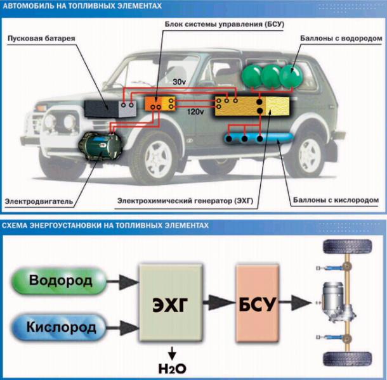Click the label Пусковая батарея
click(41, 39)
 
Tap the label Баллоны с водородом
click(341, 39)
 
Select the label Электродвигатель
click(39, 201)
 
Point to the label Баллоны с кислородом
click(336, 200)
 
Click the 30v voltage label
click(179, 82)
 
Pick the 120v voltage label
click(195, 112)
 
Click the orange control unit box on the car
click(160, 103)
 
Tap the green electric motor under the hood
click(100, 146)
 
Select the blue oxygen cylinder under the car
click(258, 138)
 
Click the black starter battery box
click(110, 109)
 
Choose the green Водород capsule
click(59, 281)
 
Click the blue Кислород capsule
click(59, 327)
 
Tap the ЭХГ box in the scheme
click(171, 303)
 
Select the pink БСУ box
click(258, 303)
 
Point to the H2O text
click(173, 369)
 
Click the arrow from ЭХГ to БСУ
click(219, 303)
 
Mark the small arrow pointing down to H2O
click(172, 353)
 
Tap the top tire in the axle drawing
click(347, 247)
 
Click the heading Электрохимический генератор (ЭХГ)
click(185, 201)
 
